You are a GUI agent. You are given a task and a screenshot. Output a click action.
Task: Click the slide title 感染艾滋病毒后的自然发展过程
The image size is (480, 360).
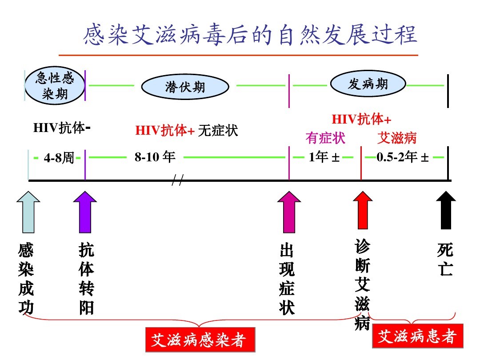pyautogui.click(x=250, y=35)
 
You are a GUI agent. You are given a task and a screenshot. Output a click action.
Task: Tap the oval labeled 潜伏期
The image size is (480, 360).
pyautogui.click(x=185, y=87)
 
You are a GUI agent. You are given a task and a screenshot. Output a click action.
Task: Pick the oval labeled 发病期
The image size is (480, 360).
pyautogui.click(x=368, y=84)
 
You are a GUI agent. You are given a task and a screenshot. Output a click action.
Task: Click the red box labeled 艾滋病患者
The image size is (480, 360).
pyautogui.click(x=417, y=336)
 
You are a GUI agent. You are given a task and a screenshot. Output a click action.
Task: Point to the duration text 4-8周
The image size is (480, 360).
pyautogui.click(x=59, y=158)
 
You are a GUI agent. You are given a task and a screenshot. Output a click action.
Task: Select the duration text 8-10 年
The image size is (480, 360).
pyautogui.click(x=155, y=157)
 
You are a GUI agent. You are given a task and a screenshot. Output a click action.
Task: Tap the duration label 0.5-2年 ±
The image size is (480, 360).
pyautogui.click(x=403, y=157)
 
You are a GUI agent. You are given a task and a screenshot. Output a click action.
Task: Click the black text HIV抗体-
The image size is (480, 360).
pyautogui.click(x=62, y=128)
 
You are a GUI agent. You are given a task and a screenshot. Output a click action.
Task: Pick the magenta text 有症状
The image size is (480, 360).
pyautogui.click(x=325, y=138)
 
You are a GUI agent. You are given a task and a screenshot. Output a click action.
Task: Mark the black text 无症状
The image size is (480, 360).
pyautogui.click(x=218, y=130)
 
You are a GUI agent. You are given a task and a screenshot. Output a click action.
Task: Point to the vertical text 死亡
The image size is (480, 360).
pyautogui.click(x=445, y=259)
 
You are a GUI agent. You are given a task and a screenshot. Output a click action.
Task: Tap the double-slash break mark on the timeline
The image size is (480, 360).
pyautogui.click(x=178, y=180)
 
